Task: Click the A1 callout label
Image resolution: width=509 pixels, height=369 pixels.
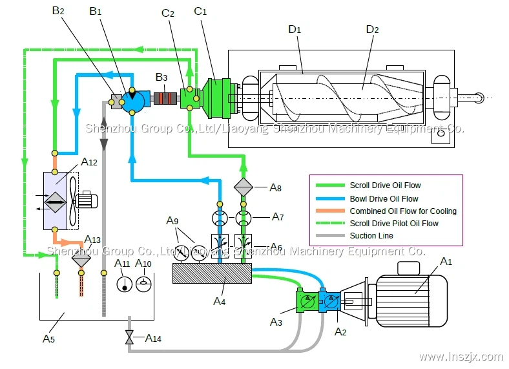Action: click(x=445, y=261)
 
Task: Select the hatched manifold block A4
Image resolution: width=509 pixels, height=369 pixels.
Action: click(x=212, y=274)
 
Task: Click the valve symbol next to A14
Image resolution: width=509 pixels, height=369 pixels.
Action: click(x=129, y=337)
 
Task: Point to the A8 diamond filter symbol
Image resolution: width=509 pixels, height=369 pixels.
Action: click(x=243, y=187)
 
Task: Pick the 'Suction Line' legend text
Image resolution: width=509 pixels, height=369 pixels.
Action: click(x=371, y=236)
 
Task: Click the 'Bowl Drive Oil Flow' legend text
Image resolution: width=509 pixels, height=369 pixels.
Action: click(x=384, y=198)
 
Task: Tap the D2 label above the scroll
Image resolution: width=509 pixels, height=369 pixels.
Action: click(x=372, y=30)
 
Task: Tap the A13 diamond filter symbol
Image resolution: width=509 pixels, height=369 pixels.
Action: click(x=81, y=260)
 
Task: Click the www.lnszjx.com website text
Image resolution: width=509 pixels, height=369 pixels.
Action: click(x=461, y=356)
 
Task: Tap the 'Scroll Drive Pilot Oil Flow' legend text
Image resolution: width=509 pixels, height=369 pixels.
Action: click(x=394, y=224)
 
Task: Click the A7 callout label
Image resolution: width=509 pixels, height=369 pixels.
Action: click(x=277, y=216)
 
